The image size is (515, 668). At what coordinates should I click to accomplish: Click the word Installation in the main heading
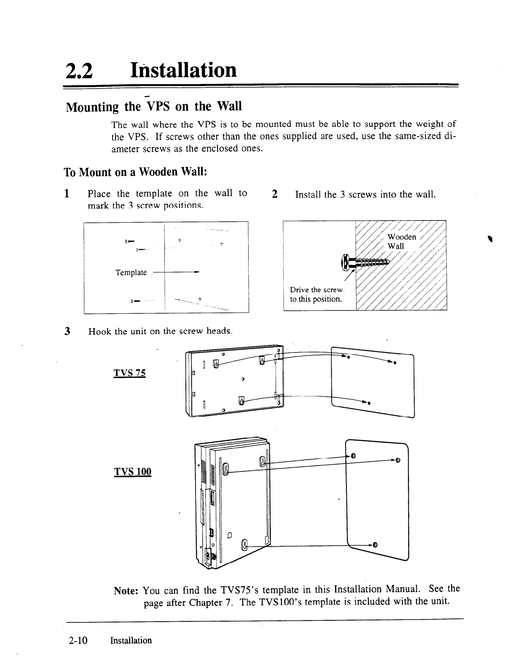click(x=183, y=70)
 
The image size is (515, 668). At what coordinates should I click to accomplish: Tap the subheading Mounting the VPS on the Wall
click(x=154, y=106)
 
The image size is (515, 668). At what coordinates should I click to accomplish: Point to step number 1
click(x=66, y=194)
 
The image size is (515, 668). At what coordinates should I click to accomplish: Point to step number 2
click(x=275, y=194)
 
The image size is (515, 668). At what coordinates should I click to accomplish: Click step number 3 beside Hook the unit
click(x=67, y=331)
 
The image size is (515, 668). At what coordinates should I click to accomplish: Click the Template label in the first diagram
click(x=131, y=272)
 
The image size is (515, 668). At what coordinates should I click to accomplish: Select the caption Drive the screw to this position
click(x=317, y=294)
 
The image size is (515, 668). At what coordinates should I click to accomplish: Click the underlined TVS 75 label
click(x=129, y=373)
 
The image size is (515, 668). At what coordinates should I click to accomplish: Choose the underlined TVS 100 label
click(x=133, y=471)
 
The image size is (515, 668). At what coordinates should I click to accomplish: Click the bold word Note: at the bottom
click(x=127, y=590)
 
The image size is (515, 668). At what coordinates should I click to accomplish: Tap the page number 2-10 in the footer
click(x=78, y=641)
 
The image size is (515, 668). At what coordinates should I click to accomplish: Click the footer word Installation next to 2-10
click(x=131, y=641)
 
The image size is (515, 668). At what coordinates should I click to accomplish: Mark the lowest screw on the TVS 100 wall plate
click(x=375, y=544)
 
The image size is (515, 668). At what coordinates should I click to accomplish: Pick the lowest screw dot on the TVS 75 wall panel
click(x=369, y=403)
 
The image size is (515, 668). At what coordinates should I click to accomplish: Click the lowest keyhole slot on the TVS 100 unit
click(x=243, y=545)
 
